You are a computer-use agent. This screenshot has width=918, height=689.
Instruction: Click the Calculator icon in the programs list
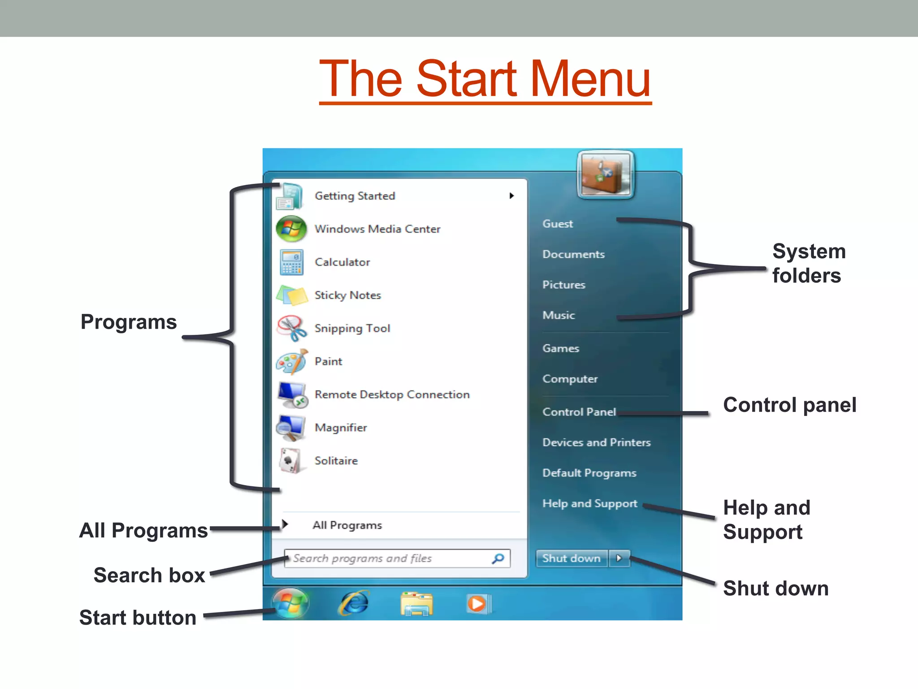pyautogui.click(x=291, y=262)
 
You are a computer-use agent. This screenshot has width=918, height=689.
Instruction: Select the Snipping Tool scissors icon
pyautogui.click(x=291, y=328)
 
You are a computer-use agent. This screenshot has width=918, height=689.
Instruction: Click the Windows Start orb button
pyautogui.click(x=290, y=603)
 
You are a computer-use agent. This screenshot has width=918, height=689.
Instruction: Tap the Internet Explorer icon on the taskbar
pyautogui.click(x=354, y=603)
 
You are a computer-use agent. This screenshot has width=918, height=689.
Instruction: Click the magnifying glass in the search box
pyautogui.click(x=498, y=559)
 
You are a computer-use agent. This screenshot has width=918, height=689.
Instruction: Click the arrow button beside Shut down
pyautogui.click(x=619, y=559)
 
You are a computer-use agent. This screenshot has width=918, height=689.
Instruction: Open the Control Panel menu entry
pyautogui.click(x=579, y=412)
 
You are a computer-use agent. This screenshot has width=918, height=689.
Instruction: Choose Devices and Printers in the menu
pyautogui.click(x=596, y=442)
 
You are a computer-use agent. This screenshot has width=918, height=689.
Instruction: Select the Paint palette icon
pyautogui.click(x=291, y=362)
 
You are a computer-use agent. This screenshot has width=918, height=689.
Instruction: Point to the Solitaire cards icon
pyautogui.click(x=290, y=461)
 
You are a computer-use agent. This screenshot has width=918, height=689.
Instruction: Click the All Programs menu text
pyautogui.click(x=347, y=525)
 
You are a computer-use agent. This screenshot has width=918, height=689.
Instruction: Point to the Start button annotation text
pyautogui.click(x=138, y=618)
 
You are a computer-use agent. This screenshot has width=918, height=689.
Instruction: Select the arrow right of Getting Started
pyautogui.click(x=511, y=196)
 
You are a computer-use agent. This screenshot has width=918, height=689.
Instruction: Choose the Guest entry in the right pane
pyautogui.click(x=558, y=224)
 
